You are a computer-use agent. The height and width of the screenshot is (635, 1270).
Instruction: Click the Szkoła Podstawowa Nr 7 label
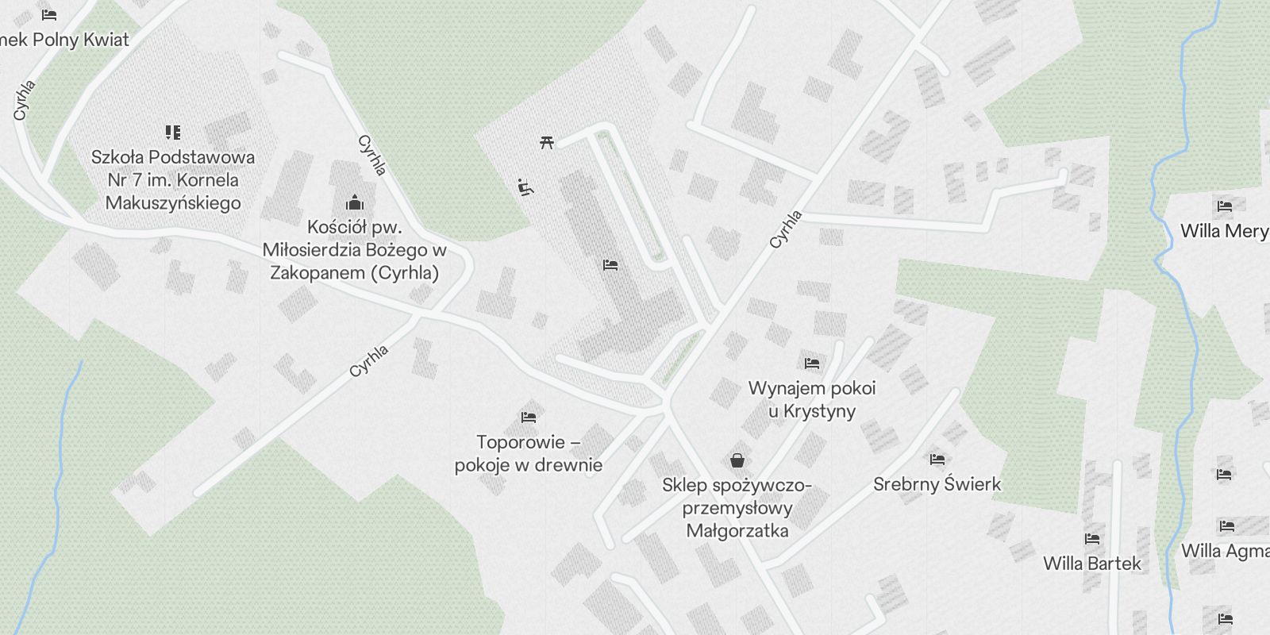click(x=173, y=179)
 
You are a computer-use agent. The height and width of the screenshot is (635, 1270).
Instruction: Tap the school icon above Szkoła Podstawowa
click(x=173, y=132)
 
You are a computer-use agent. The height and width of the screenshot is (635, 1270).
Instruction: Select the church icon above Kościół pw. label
click(x=355, y=202)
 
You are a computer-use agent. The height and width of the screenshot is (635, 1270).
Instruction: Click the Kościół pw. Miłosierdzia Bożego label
click(x=355, y=250)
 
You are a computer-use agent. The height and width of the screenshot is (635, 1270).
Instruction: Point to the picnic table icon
click(x=546, y=142)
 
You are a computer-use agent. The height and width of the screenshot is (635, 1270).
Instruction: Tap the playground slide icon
click(x=525, y=187)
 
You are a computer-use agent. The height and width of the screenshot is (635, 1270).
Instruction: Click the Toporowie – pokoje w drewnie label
click(x=528, y=453)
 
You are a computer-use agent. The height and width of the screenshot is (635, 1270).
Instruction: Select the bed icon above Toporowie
click(x=529, y=417)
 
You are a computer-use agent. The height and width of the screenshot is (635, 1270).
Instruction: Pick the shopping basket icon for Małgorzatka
click(x=737, y=460)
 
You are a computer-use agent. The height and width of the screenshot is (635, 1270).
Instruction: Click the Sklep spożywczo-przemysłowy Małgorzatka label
click(x=737, y=508)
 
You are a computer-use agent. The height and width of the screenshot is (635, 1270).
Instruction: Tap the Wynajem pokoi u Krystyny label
click(x=812, y=399)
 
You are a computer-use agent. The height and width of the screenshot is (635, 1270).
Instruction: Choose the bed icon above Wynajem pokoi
click(x=811, y=364)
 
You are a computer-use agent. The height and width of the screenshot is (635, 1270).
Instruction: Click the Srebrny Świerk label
click(x=937, y=484)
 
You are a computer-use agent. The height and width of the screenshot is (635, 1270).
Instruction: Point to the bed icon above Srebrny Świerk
click(x=937, y=459)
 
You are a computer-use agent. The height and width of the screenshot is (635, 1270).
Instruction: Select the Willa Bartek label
click(x=1092, y=564)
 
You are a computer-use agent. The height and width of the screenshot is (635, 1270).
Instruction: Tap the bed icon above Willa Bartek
click(x=1092, y=539)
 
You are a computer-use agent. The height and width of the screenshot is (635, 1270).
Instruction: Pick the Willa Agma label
click(x=1224, y=551)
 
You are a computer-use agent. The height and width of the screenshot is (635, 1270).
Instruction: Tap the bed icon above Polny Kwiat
click(x=49, y=14)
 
